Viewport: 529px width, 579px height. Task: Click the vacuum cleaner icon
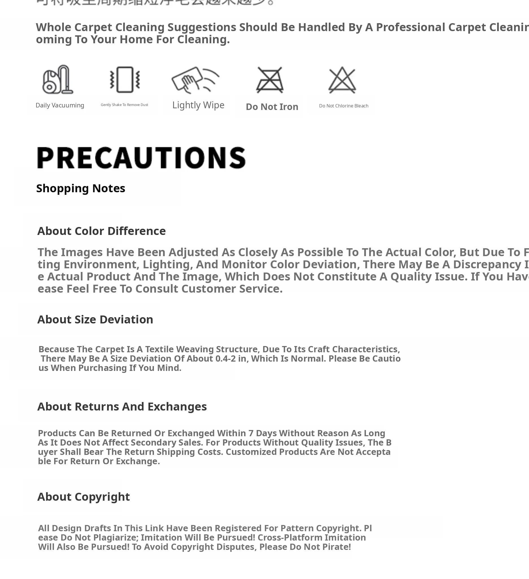pyautogui.click(x=58, y=79)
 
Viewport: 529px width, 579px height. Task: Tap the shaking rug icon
pyautogui.click(x=125, y=79)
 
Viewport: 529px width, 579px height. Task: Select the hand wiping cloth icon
pyautogui.click(x=195, y=80)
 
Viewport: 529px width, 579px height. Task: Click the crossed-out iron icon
pyautogui.click(x=270, y=80)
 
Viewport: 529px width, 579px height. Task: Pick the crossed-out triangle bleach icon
pyautogui.click(x=342, y=80)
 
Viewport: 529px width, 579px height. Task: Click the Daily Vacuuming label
pyautogui.click(x=60, y=105)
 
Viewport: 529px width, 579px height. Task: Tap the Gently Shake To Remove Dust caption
pyautogui.click(x=124, y=105)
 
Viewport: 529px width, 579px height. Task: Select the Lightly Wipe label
pyautogui.click(x=198, y=105)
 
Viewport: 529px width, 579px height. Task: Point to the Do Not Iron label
pyautogui.click(x=272, y=107)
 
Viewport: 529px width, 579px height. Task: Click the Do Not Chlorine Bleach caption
pyautogui.click(x=343, y=106)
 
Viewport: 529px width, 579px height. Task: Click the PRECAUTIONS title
pyautogui.click(x=141, y=158)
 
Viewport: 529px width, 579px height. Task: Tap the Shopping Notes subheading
pyautogui.click(x=80, y=188)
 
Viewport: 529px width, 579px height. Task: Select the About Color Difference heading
pyautogui.click(x=101, y=231)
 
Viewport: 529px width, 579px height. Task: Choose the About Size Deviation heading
pyautogui.click(x=95, y=319)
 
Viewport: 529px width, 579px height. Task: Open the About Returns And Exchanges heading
pyautogui.click(x=122, y=406)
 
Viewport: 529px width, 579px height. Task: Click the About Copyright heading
pyautogui.click(x=84, y=496)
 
